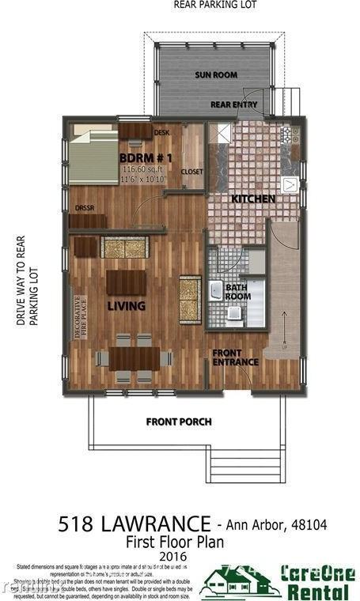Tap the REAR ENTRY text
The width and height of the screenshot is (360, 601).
[x=233, y=104]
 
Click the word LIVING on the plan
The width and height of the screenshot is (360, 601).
[x=127, y=306]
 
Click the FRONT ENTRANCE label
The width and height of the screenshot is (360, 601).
[x=235, y=357]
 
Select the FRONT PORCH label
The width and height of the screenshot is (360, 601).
[x=179, y=421]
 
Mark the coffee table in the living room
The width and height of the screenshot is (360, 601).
[x=126, y=282]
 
